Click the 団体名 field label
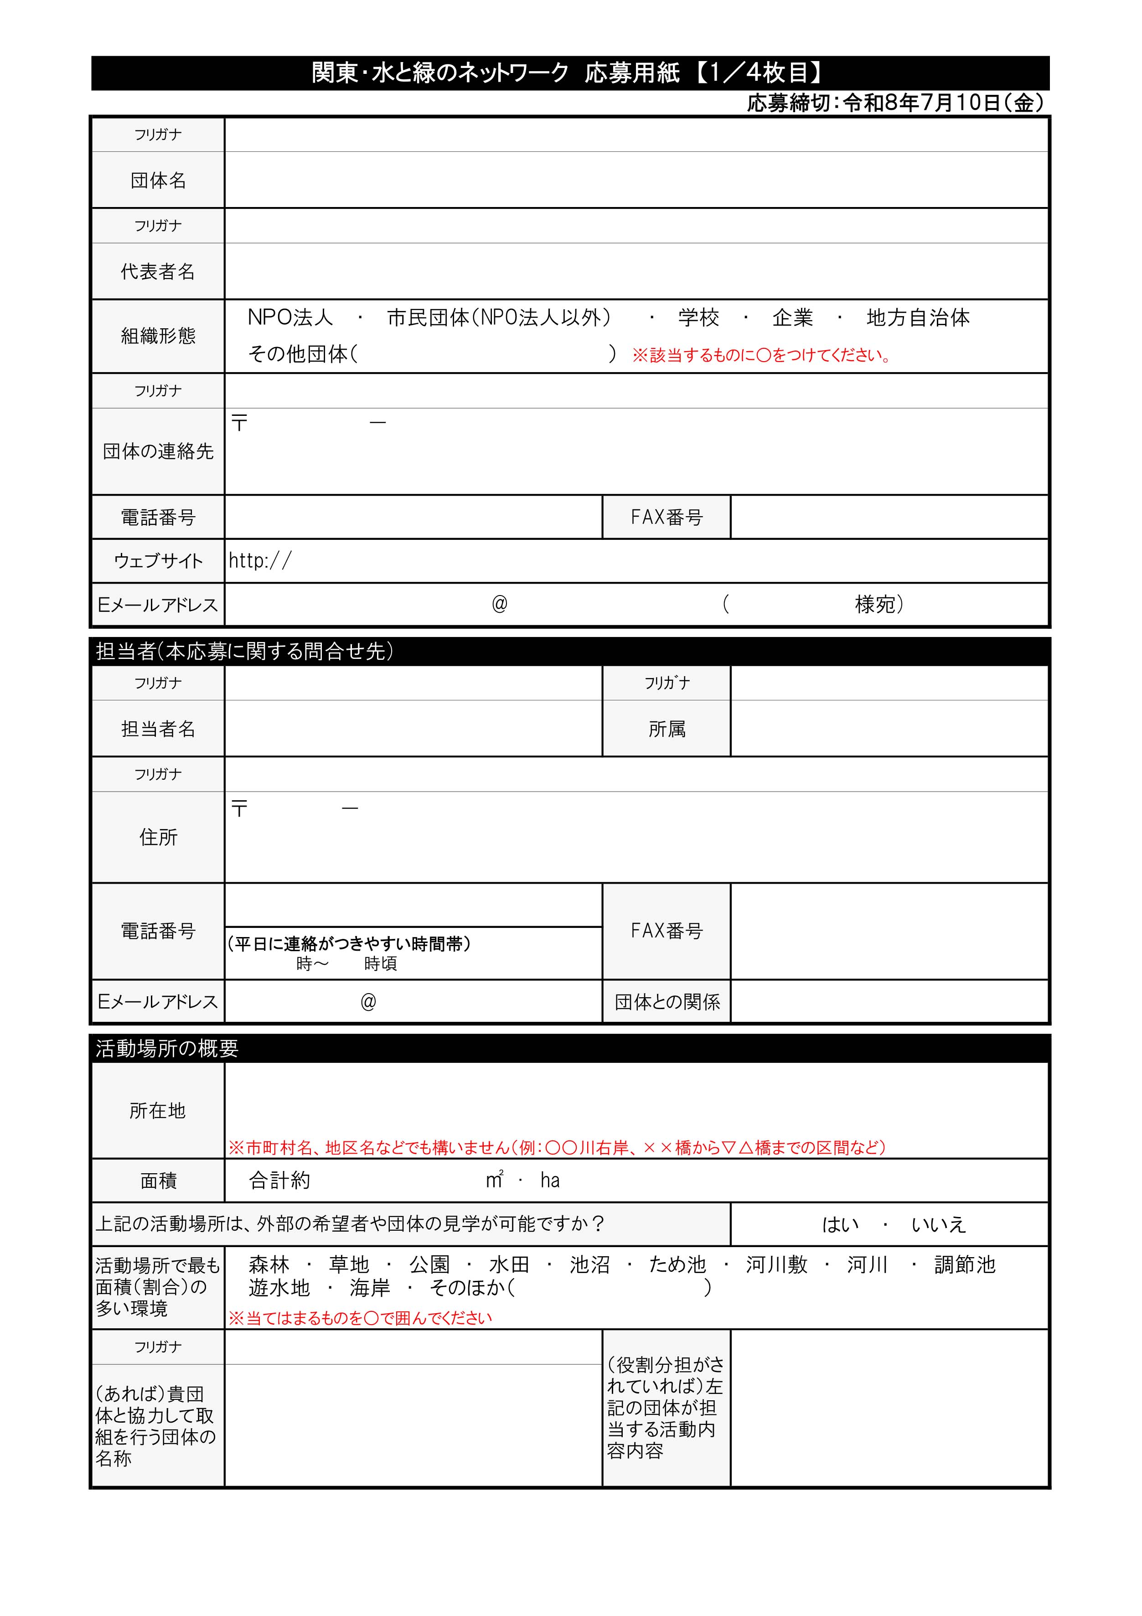click(158, 181)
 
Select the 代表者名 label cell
click(158, 272)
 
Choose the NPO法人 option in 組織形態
click(290, 318)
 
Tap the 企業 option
click(792, 318)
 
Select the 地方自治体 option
click(918, 318)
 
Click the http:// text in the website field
click(260, 561)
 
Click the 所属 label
click(667, 729)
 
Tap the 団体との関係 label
click(667, 1002)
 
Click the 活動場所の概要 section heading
click(167, 1049)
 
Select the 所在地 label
click(158, 1111)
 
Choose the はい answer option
click(841, 1225)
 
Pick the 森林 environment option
click(269, 1265)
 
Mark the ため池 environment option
click(677, 1265)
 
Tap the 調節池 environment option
click(965, 1265)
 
